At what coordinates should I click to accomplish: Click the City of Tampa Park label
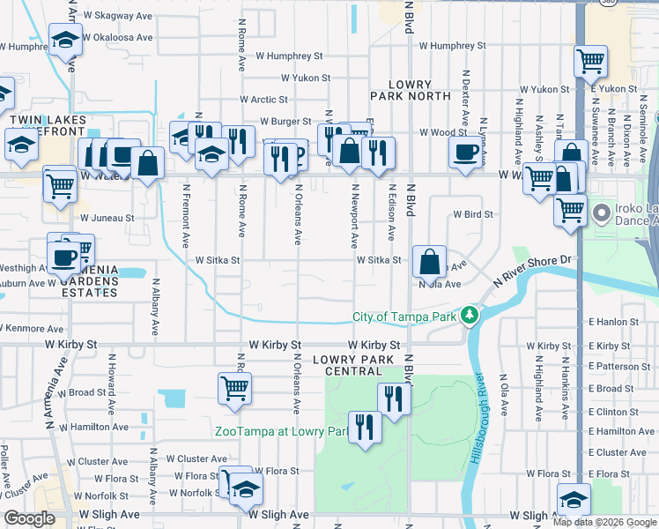[405, 316]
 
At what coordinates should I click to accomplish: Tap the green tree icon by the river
[470, 315]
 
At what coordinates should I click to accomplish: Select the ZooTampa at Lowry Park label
[282, 431]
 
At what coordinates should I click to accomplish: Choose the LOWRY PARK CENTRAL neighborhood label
[357, 366]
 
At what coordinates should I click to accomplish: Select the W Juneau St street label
[107, 217]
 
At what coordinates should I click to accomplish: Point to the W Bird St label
[473, 213]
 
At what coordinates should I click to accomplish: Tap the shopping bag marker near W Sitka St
[429, 262]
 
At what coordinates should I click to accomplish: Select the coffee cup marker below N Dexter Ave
[465, 152]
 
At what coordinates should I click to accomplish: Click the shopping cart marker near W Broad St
[234, 387]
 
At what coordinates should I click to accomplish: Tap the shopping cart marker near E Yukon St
[590, 62]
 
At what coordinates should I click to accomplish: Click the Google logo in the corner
[29, 519]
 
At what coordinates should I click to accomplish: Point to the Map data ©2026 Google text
[604, 522]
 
